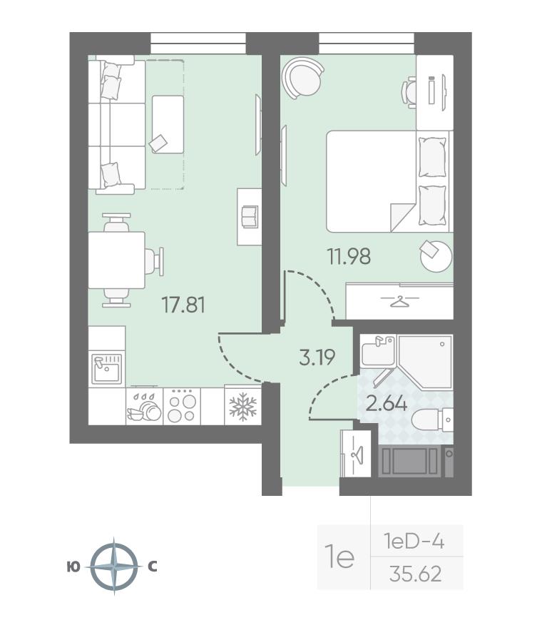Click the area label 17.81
pos(183,305)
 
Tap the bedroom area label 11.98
pos(349,256)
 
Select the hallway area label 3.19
pos(317,357)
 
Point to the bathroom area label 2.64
pos(386,403)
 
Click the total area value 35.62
pos(416,574)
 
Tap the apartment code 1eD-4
pos(414,542)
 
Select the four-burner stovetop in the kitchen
pos(182,406)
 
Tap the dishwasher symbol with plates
pos(145,407)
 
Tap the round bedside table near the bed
pos(436,255)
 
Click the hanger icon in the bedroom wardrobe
pos(399,301)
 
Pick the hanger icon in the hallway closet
pos(357,454)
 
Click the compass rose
pos(114,566)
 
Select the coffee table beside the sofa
pos(168,124)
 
